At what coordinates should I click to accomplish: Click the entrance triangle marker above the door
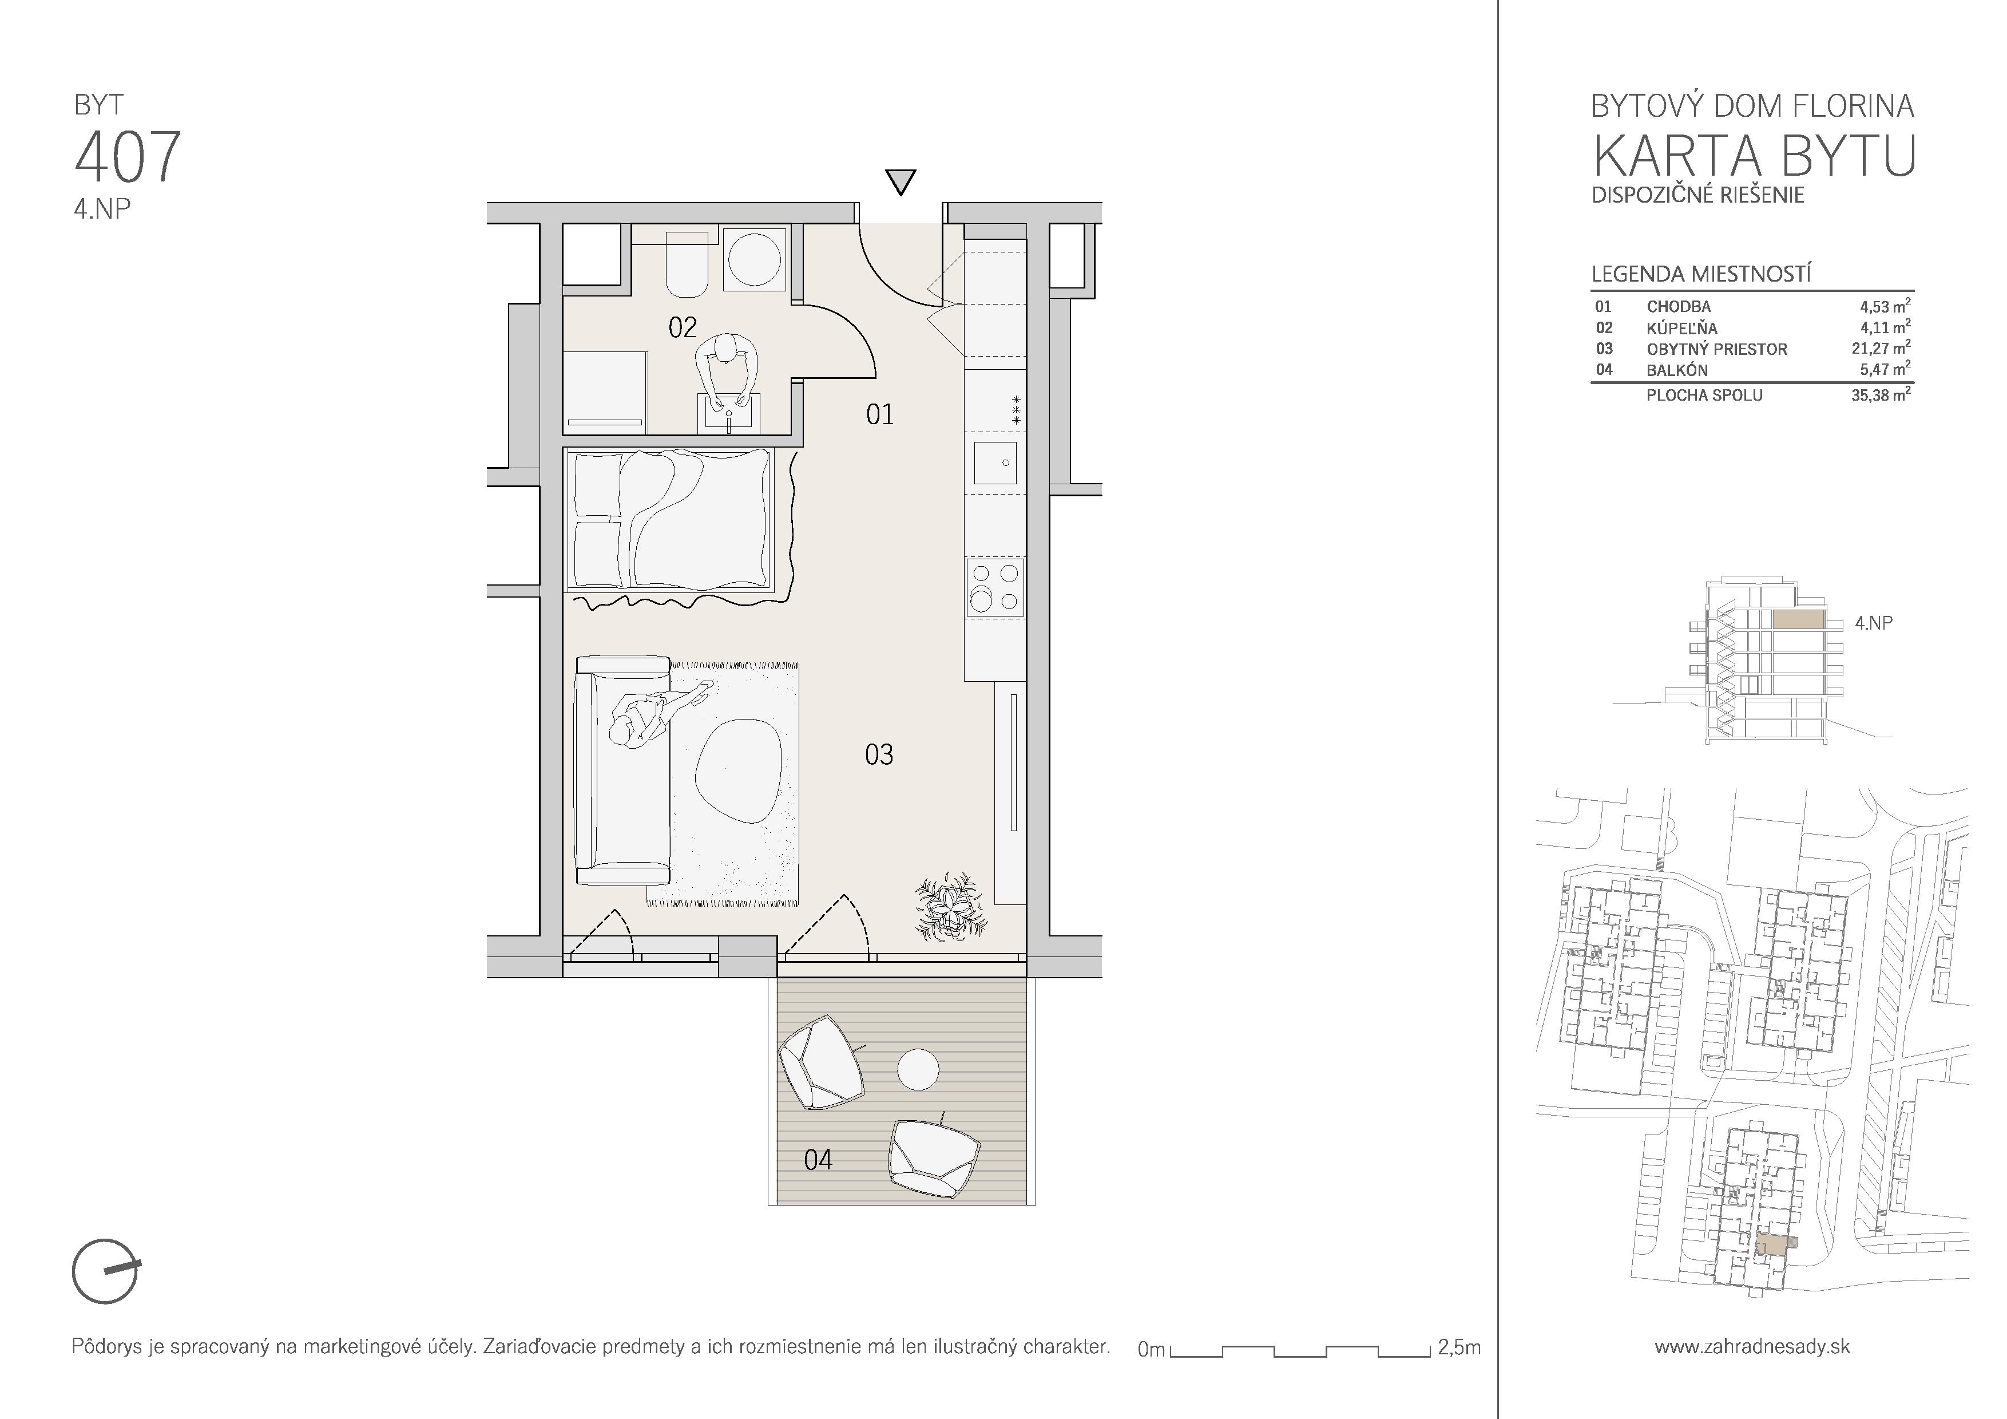(901, 182)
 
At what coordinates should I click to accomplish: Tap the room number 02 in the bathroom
(683, 328)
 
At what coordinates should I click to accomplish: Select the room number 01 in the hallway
(880, 414)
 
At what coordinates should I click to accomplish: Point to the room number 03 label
(879, 754)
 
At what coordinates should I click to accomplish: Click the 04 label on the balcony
(818, 1160)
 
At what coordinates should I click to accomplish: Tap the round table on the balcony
(919, 1069)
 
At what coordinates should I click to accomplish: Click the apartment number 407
(128, 156)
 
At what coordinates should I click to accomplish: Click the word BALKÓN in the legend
(1676, 370)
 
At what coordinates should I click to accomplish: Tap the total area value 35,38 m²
(1880, 394)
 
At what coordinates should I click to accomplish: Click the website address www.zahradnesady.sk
(1752, 1346)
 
